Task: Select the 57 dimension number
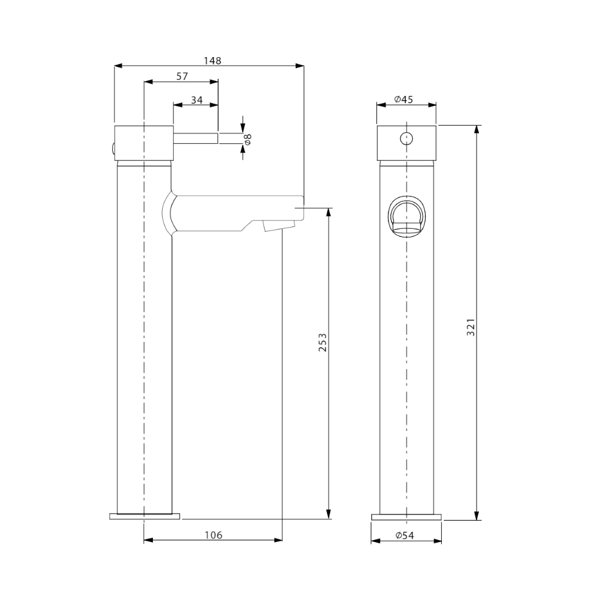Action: point(181,76)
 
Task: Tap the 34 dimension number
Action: point(197,100)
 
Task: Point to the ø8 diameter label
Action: point(248,139)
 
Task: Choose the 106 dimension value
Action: point(213,535)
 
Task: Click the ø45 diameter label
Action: point(403,99)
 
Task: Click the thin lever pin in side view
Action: point(196,138)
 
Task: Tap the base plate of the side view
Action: point(144,517)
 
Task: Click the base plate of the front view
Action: point(407,517)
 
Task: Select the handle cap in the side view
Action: point(144,143)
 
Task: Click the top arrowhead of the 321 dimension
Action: point(476,130)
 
